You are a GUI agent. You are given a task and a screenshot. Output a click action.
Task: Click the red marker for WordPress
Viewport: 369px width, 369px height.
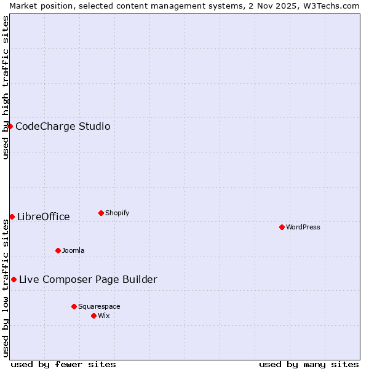click(x=282, y=227)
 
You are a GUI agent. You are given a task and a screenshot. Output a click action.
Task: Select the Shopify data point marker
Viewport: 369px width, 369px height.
click(x=101, y=213)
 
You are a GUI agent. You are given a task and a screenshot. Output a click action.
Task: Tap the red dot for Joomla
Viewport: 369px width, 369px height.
click(x=58, y=250)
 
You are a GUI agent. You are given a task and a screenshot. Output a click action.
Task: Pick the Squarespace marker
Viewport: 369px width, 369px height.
click(x=74, y=306)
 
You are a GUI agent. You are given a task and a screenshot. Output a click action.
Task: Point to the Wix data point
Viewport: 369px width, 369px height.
click(x=93, y=315)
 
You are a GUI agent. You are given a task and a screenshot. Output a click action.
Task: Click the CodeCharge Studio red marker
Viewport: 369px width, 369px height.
click(x=10, y=126)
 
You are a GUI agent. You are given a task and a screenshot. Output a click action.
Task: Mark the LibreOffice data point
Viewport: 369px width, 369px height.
click(x=12, y=216)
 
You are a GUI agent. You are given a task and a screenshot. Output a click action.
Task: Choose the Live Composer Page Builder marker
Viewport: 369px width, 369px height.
click(x=14, y=279)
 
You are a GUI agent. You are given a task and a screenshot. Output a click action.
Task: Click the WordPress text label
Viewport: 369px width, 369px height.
click(x=303, y=227)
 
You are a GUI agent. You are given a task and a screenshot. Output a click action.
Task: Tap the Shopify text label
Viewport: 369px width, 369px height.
click(x=117, y=213)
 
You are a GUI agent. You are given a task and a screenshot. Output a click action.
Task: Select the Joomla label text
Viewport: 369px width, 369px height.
click(x=73, y=250)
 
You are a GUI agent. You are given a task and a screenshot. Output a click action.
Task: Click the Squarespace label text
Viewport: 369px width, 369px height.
click(x=99, y=306)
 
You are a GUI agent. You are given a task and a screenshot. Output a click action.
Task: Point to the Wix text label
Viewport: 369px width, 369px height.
click(x=104, y=315)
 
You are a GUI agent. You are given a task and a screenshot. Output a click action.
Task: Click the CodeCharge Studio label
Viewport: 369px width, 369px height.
click(x=63, y=126)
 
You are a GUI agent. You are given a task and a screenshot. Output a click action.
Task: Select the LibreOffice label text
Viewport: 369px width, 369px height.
click(x=44, y=216)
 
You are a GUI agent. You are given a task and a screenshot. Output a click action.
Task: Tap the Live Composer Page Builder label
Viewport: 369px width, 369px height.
click(x=88, y=279)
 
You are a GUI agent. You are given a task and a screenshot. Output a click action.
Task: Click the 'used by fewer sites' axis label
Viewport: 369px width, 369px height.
click(x=63, y=364)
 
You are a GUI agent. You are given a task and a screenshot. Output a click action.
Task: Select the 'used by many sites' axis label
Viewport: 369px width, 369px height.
click(x=309, y=364)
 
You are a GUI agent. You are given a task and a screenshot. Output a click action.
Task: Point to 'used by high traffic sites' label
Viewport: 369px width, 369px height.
click(x=6, y=87)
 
